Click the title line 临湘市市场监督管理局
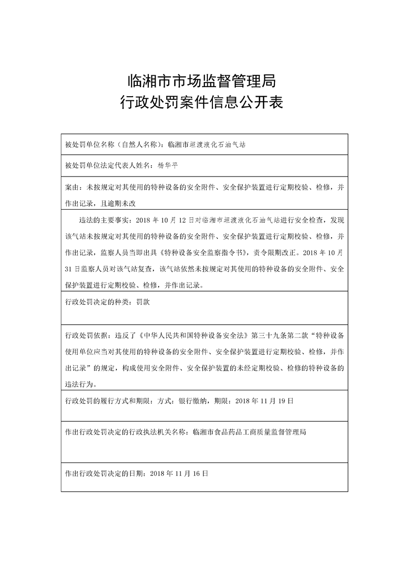click(201, 80)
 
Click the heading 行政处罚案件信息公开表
click(201, 104)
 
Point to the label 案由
click(72, 187)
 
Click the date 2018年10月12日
click(166, 220)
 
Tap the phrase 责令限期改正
click(275, 252)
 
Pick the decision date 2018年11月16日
click(179, 473)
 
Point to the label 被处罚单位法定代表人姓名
click(107, 166)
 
